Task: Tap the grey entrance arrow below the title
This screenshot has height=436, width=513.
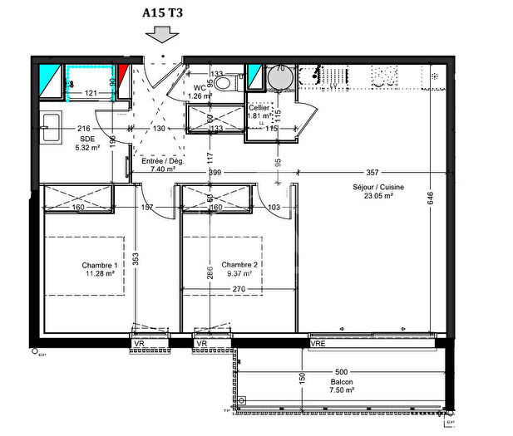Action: [160, 33]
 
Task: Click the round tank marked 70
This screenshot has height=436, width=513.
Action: [280, 78]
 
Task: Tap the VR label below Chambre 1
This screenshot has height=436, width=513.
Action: [139, 343]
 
